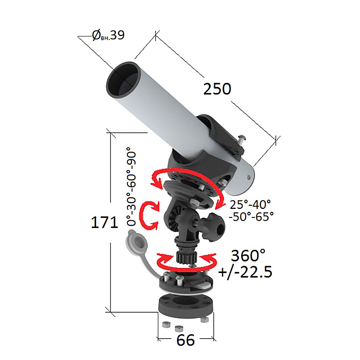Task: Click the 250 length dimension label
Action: point(217,89)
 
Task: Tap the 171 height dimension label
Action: point(105,222)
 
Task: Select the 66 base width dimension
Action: point(186,340)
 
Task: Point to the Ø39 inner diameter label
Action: point(108,35)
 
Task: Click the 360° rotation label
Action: point(248,255)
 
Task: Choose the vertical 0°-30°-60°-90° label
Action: point(131,186)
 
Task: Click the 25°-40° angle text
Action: point(250,204)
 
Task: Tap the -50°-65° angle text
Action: point(251,216)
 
